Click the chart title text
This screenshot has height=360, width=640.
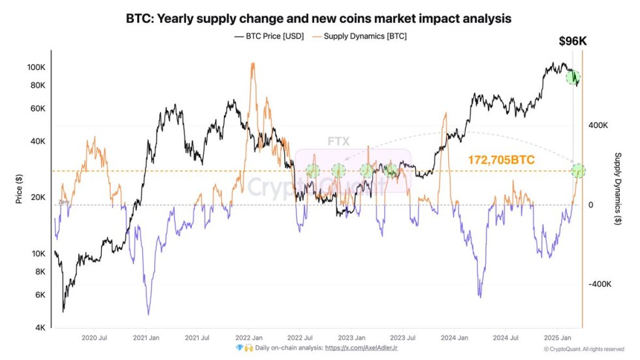(x=319, y=19)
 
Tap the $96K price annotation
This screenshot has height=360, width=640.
(x=573, y=41)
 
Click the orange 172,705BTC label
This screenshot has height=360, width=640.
(x=502, y=159)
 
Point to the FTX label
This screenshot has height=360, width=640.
(x=338, y=141)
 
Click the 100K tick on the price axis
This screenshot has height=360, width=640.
(x=35, y=67)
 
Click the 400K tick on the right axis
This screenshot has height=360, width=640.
(x=600, y=125)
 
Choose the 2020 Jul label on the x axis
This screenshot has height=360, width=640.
(x=95, y=338)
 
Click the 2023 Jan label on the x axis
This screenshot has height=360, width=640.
(x=351, y=338)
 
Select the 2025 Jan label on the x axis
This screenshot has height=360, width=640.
(x=558, y=338)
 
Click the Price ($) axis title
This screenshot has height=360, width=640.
(x=19, y=190)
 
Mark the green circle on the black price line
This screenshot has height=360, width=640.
(x=573, y=77)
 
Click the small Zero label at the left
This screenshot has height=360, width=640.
(x=63, y=203)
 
